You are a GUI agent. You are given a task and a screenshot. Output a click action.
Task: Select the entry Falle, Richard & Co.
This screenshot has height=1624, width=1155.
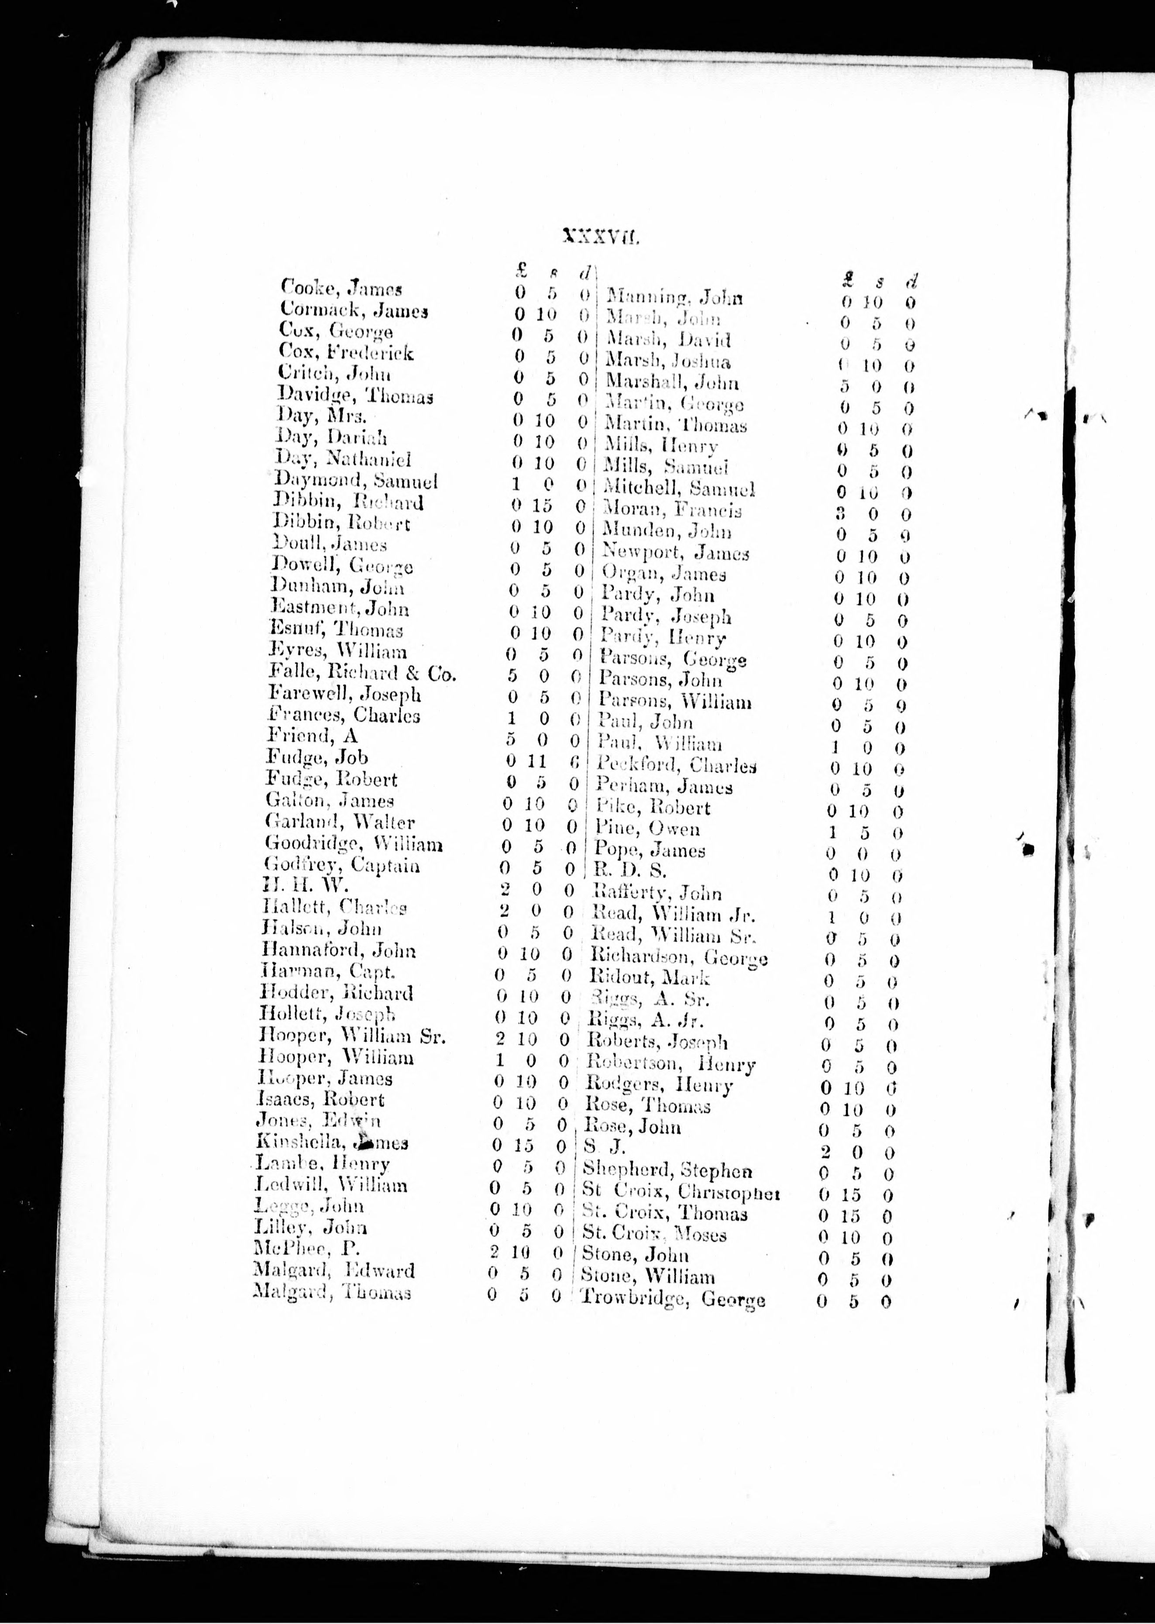click(x=362, y=672)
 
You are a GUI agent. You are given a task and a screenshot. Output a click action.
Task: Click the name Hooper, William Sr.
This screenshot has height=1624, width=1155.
click(x=354, y=1036)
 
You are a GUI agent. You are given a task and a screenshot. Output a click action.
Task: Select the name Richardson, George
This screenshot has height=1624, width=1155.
click(x=678, y=957)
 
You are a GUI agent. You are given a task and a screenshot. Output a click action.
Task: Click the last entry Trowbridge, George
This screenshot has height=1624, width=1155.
click(x=673, y=1298)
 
